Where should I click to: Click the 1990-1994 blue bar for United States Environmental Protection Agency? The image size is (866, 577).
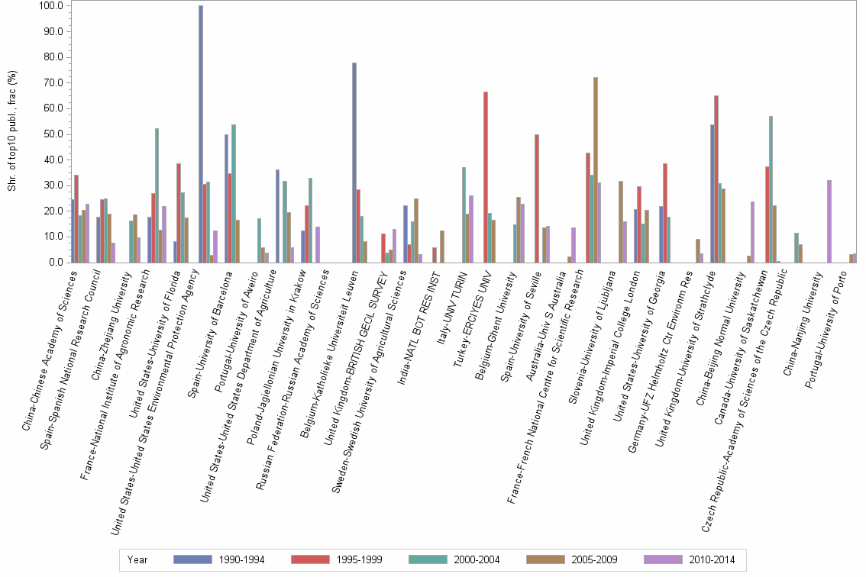click(201, 134)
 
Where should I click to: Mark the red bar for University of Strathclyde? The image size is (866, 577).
click(716, 179)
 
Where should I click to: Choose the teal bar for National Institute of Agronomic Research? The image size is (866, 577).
click(157, 195)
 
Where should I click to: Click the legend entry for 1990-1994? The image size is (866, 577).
click(218, 559)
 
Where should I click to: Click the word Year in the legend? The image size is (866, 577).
click(137, 559)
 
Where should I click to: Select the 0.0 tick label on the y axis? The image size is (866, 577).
click(55, 263)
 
